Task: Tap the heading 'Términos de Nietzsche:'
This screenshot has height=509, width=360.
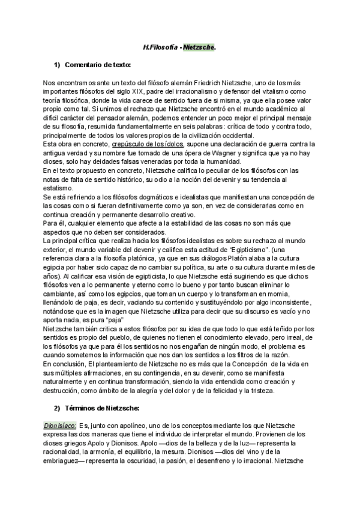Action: (x=101, y=409)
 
